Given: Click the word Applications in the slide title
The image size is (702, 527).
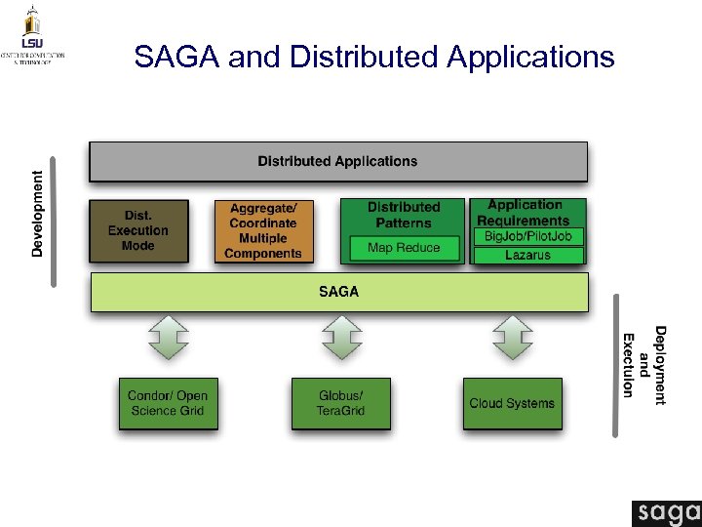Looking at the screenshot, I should (x=530, y=58).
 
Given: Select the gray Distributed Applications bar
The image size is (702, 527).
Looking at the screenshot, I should (x=337, y=161).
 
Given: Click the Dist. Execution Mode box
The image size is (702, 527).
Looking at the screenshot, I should (x=137, y=231).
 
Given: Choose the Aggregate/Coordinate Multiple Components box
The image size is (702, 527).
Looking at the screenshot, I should (x=262, y=231).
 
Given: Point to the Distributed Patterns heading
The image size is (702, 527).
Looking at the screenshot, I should (x=404, y=215).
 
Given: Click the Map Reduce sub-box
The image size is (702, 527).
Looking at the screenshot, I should (x=404, y=248).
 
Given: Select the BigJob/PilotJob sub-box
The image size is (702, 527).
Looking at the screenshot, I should (x=528, y=236).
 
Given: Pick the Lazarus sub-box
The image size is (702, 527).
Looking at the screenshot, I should (x=528, y=256).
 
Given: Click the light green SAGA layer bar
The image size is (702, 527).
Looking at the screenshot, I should (x=338, y=292).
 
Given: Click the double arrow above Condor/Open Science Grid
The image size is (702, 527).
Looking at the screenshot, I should (x=168, y=337).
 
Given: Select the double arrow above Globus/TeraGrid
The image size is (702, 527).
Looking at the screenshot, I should (x=341, y=337).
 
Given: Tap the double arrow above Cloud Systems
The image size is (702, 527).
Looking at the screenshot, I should (x=513, y=337).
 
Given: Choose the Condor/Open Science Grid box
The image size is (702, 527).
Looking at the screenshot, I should (x=167, y=403).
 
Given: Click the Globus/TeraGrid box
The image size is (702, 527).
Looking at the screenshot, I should (x=340, y=403).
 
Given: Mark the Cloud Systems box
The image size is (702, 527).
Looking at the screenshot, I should (x=512, y=403).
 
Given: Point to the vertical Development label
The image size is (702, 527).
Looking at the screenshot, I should (x=38, y=214).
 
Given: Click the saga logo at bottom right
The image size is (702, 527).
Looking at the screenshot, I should (x=666, y=513).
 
